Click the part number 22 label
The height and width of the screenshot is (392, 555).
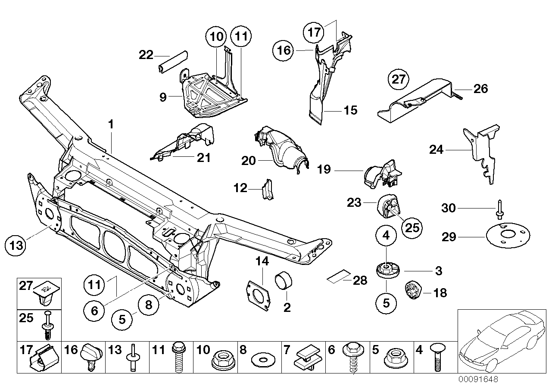(146, 55)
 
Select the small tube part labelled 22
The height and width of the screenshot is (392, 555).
(172, 63)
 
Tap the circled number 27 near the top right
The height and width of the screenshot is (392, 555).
(399, 80)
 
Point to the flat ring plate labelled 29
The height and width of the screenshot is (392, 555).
(507, 235)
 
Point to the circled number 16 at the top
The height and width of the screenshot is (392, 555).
(285, 51)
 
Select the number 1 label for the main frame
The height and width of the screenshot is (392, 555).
(111, 125)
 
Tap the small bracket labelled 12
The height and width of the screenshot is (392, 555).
(267, 190)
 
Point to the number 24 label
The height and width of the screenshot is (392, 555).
(436, 149)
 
